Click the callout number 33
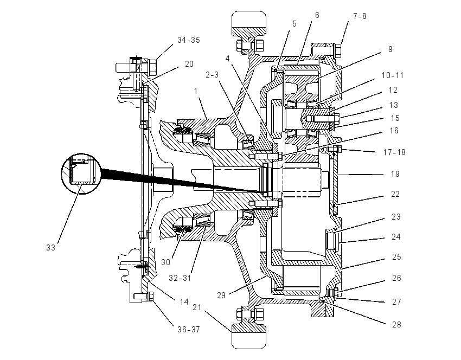tap(50, 248)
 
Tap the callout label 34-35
tap(188, 40)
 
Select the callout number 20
tap(189, 64)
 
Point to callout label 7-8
tap(360, 16)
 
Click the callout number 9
tap(390, 49)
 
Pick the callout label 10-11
tap(393, 75)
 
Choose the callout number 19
tap(395, 174)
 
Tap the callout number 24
tap(396, 236)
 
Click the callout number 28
tap(396, 324)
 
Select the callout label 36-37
tap(188, 330)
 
